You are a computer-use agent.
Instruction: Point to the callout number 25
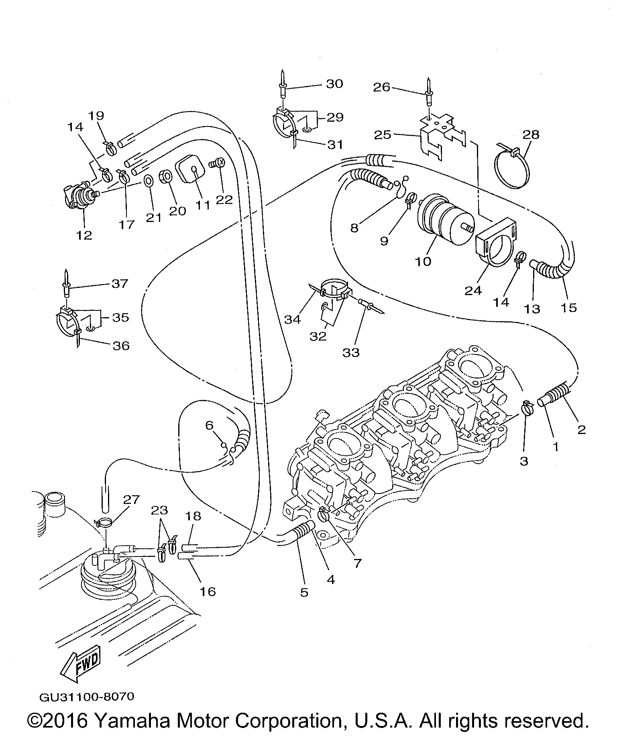point(382,135)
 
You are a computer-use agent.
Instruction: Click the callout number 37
point(119,284)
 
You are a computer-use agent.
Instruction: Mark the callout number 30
point(334,84)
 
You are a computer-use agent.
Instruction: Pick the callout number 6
point(209,425)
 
